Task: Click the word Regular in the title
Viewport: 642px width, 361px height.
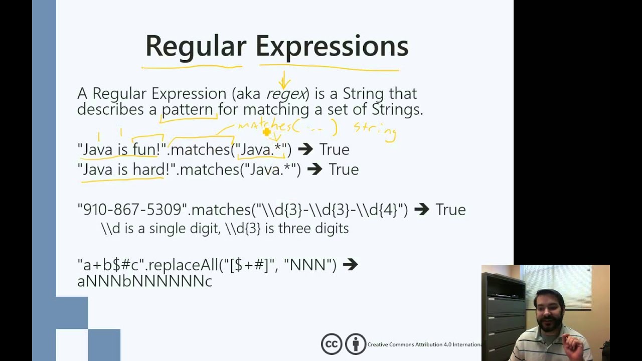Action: tap(196, 46)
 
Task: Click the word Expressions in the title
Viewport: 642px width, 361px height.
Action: tap(332, 46)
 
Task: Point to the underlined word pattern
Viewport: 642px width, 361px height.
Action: tap(187, 109)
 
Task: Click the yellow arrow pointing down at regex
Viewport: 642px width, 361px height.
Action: tap(284, 80)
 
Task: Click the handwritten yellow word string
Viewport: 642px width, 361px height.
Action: tap(375, 129)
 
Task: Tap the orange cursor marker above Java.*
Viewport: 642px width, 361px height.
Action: tap(266, 132)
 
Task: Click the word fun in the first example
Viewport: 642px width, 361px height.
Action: tap(145, 149)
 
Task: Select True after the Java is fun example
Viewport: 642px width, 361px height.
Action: tap(334, 149)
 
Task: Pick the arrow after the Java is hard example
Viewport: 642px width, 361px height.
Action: tap(314, 169)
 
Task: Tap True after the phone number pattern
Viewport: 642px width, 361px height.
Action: tap(450, 210)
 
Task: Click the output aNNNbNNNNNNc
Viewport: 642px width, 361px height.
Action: tap(144, 281)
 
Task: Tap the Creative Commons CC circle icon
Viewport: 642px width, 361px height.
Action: tap(332, 344)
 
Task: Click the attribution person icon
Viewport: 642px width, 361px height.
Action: tap(356, 344)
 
